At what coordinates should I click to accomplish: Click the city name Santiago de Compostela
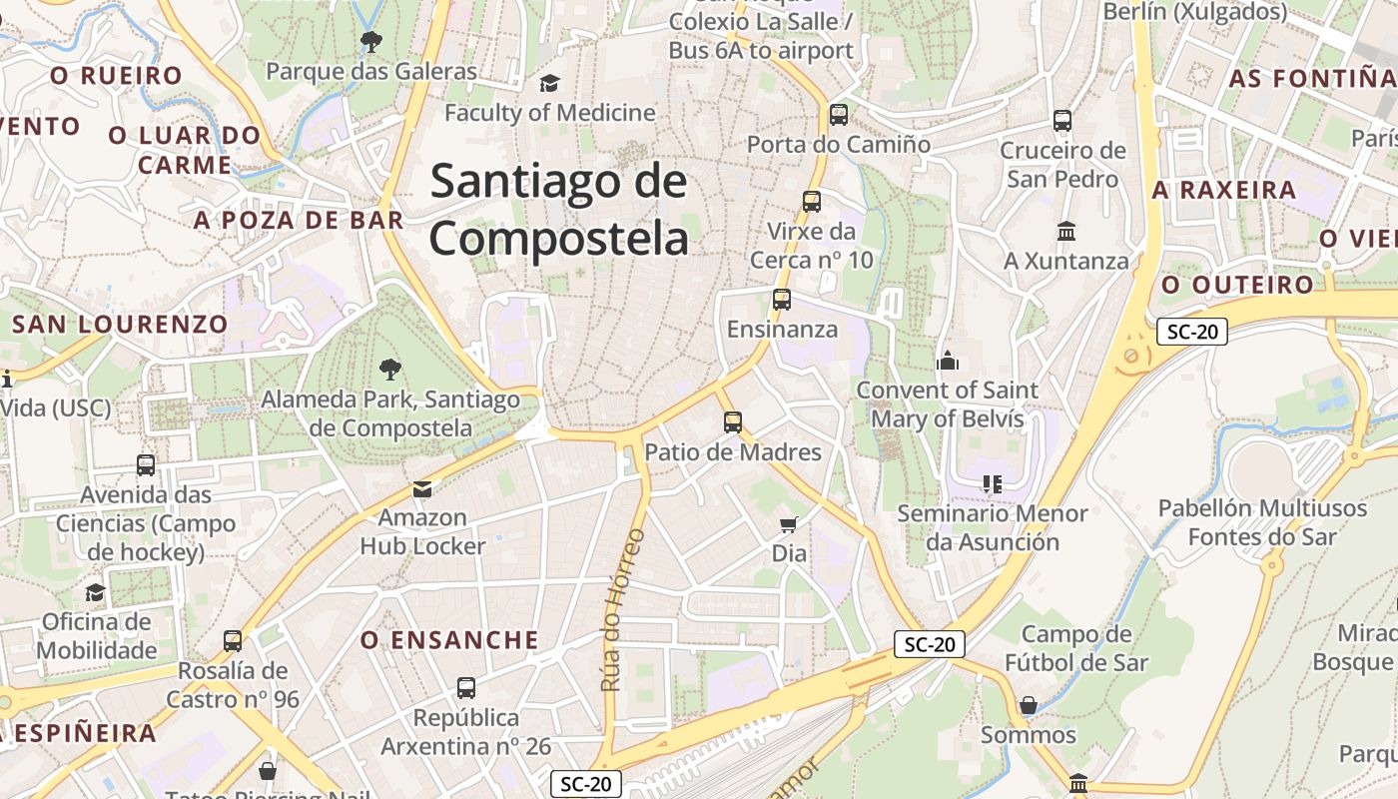pyautogui.click(x=559, y=211)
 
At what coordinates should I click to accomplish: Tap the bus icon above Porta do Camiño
pyautogui.click(x=839, y=115)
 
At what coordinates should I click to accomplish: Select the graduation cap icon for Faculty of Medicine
pyautogui.click(x=549, y=83)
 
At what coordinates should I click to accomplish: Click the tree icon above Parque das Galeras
pyautogui.click(x=371, y=42)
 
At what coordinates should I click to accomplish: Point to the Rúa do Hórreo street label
pyautogui.click(x=623, y=609)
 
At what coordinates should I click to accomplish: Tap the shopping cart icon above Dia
pyautogui.click(x=789, y=524)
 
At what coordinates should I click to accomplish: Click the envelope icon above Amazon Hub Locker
pyautogui.click(x=422, y=489)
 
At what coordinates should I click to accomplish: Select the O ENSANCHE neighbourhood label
pyautogui.click(x=449, y=640)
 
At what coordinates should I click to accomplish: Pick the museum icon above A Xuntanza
pyautogui.click(x=1065, y=232)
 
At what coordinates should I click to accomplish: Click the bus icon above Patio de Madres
pyautogui.click(x=733, y=422)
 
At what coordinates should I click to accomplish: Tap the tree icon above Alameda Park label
pyautogui.click(x=390, y=371)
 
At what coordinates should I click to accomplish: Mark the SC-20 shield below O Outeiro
pyautogui.click(x=1192, y=333)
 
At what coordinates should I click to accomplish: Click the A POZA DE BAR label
pyautogui.click(x=300, y=221)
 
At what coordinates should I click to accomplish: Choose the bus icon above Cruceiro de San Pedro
pyautogui.click(x=1062, y=121)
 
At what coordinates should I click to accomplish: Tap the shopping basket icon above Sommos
pyautogui.click(x=1029, y=706)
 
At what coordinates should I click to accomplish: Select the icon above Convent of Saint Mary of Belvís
pyautogui.click(x=948, y=361)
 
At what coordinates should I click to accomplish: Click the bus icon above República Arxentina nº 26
pyautogui.click(x=466, y=688)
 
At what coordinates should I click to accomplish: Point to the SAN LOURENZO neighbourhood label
pyautogui.click(x=120, y=324)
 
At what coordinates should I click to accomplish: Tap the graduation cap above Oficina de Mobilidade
pyautogui.click(x=95, y=593)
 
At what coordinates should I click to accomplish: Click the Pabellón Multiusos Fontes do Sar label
pyautogui.click(x=1262, y=522)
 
